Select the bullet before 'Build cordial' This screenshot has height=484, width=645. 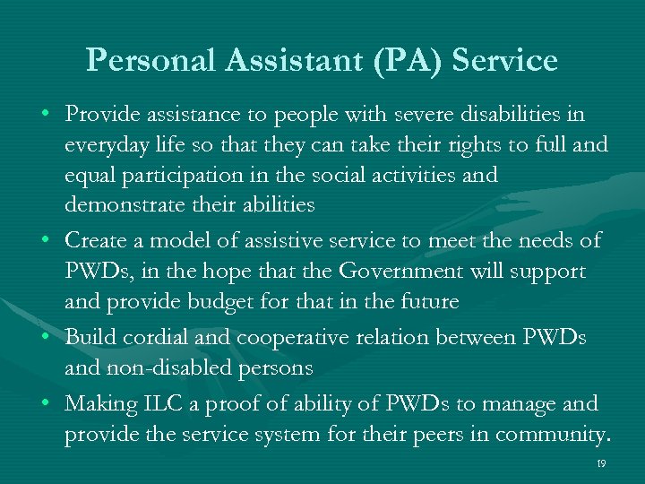pyautogui.click(x=44, y=338)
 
